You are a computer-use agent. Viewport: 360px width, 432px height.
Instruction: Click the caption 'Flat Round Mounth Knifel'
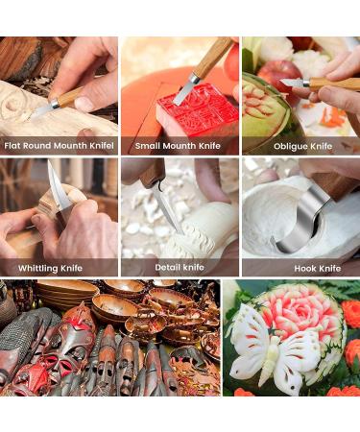tap(60, 146)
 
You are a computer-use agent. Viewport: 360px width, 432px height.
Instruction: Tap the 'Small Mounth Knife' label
tap(180, 146)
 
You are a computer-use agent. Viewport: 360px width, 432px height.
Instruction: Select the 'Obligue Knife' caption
tap(302, 146)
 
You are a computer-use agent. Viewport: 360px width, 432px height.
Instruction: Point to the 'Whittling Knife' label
tap(51, 268)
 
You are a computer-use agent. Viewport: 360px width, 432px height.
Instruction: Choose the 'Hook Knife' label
tap(302, 268)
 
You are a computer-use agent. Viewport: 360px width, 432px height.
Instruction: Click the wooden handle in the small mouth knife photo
tap(213, 58)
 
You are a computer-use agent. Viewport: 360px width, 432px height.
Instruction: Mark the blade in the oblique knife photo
tap(293, 84)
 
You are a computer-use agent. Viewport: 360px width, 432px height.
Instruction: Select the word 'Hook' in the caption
tap(290, 268)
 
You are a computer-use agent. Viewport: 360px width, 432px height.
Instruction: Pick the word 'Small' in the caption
tap(150, 146)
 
